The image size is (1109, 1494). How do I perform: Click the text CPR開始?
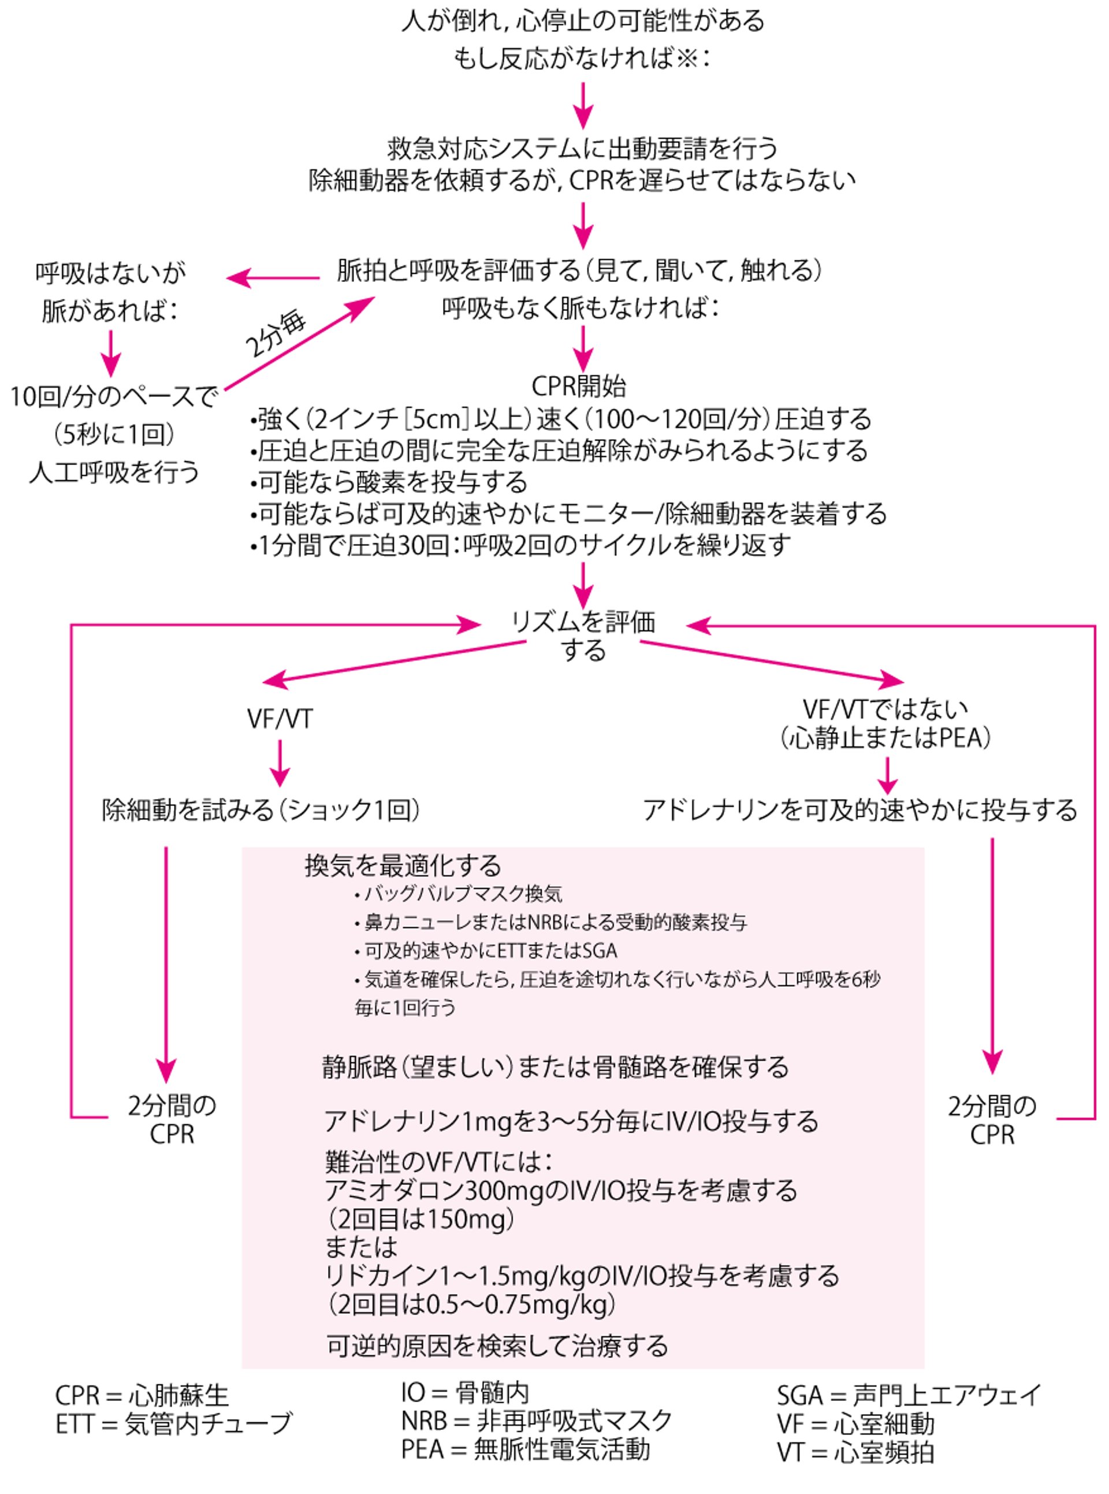point(579,386)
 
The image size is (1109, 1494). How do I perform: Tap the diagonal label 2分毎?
point(276,335)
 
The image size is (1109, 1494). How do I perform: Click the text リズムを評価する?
point(583,635)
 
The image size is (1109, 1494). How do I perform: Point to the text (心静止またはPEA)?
point(886,738)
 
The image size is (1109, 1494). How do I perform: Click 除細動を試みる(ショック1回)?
point(262,811)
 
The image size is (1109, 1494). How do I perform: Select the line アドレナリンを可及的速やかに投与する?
point(860,811)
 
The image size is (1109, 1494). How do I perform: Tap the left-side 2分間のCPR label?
point(172,1119)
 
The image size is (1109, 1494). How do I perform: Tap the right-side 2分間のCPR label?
point(992,1120)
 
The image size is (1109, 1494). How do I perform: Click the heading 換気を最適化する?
point(403,865)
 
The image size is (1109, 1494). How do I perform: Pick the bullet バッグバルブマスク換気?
point(459,894)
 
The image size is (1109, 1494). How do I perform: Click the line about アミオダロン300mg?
point(560,1191)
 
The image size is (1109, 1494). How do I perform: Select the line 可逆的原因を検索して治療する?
point(497,1346)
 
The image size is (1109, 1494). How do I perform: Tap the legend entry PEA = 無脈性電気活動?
point(526,1450)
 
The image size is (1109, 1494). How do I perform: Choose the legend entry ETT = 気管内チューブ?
point(174,1423)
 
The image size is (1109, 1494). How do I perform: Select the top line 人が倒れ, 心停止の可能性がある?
point(583,21)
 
